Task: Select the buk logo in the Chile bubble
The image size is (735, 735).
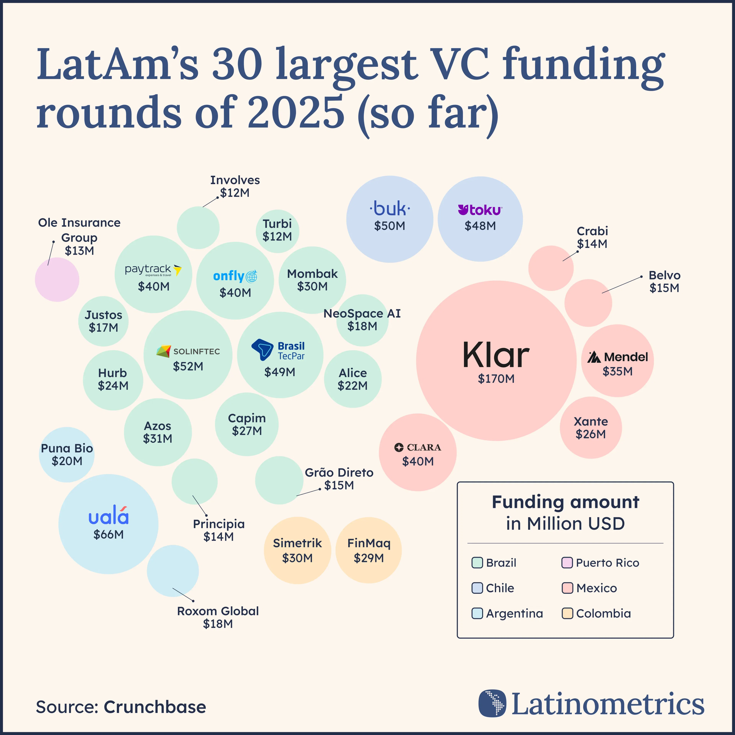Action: point(390,208)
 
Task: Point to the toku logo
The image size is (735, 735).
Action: point(480,210)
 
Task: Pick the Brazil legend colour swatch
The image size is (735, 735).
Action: point(477,563)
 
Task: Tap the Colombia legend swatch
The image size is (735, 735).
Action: point(567,613)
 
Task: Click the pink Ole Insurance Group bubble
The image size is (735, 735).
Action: point(57,280)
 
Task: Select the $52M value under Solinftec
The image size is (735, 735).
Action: point(188,366)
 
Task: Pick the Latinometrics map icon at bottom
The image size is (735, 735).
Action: point(492,703)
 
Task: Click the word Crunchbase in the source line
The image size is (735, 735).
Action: point(155,707)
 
